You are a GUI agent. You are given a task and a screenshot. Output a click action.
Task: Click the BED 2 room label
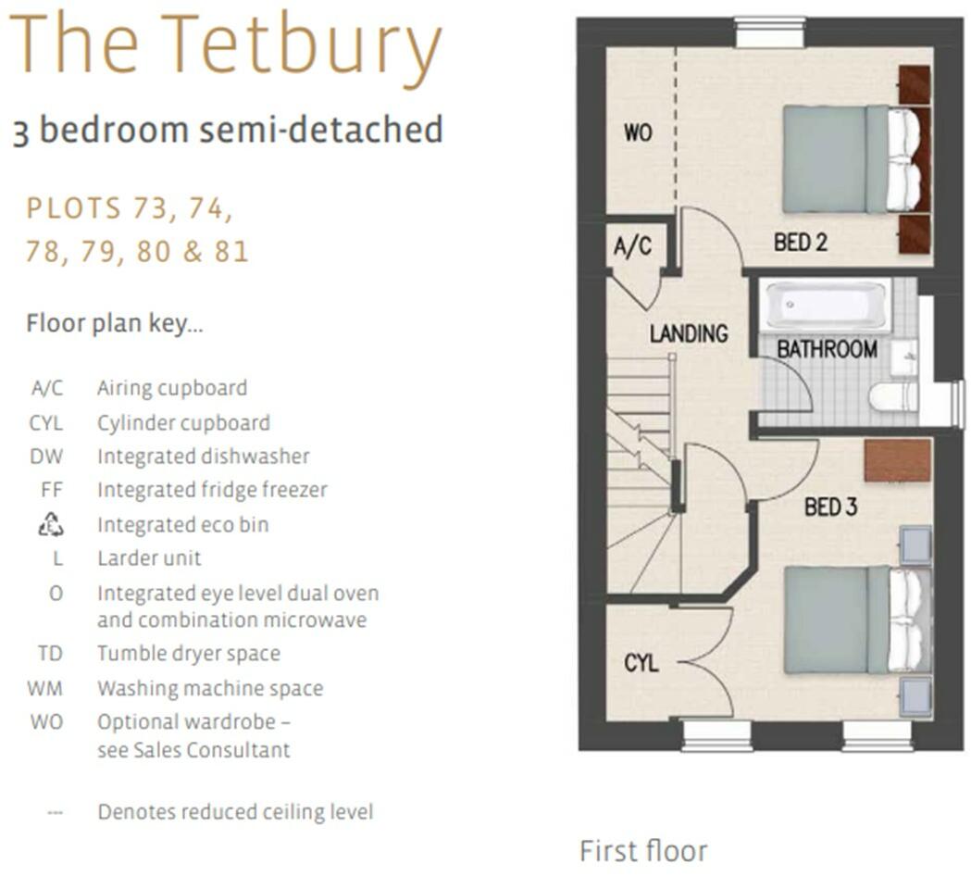[x=800, y=243]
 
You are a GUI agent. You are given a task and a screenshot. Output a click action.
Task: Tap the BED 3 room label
[x=830, y=507]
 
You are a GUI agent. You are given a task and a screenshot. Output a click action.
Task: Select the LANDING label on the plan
[x=689, y=333]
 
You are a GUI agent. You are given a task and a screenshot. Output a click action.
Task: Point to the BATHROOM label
[x=827, y=349]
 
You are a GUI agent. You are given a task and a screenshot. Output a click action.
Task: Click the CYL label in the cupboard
[x=641, y=663]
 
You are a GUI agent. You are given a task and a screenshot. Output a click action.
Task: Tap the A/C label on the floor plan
[x=633, y=247]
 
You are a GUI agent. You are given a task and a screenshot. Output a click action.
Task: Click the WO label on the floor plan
[x=638, y=133]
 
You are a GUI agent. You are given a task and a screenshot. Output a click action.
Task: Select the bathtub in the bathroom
[x=825, y=305]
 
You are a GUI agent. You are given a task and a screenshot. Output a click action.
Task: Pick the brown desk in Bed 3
[x=897, y=460]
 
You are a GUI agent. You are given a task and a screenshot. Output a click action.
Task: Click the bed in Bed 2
[x=852, y=159]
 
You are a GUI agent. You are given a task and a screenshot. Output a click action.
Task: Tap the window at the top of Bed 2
[x=770, y=31]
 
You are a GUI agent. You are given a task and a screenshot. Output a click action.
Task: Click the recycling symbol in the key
[x=50, y=525]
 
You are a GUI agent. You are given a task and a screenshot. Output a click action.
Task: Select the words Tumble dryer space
[x=189, y=654]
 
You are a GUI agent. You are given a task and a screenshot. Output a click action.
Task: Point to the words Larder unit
[x=149, y=558]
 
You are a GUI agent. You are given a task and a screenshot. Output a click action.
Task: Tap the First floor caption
[x=642, y=850]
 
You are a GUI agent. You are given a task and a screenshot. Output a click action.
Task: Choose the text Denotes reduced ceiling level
[x=235, y=812]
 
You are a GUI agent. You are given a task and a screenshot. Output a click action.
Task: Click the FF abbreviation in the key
[x=52, y=490]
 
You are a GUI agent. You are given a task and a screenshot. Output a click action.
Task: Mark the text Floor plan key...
[x=115, y=324]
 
